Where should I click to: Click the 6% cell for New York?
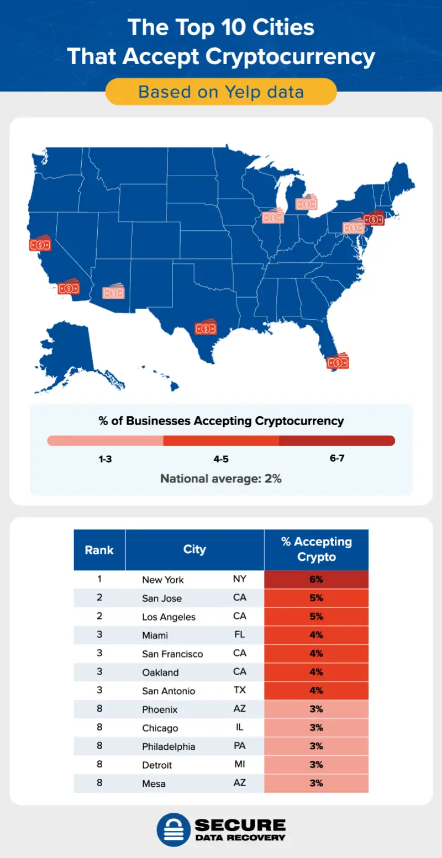(x=316, y=580)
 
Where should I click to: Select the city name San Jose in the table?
(x=161, y=599)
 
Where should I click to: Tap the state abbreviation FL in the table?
(x=239, y=635)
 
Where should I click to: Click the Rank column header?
(x=99, y=550)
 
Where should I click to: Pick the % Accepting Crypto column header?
(x=316, y=549)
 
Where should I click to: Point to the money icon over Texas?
(x=206, y=328)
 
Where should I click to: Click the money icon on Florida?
(x=338, y=362)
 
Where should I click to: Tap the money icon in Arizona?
(x=113, y=292)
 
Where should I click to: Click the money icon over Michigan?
(x=306, y=204)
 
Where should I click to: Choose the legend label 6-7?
(x=337, y=459)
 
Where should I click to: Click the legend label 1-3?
(x=105, y=459)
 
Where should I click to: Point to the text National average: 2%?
(x=221, y=479)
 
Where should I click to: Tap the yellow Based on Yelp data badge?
(x=221, y=92)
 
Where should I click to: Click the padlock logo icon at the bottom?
(x=173, y=829)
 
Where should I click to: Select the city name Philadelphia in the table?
(x=169, y=746)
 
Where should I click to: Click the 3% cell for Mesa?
(x=316, y=783)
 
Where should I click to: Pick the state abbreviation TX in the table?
(x=239, y=690)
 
